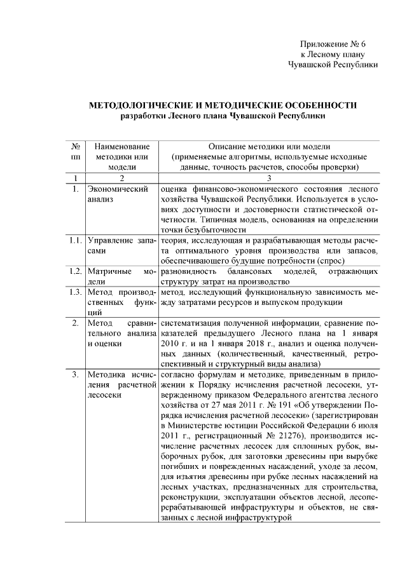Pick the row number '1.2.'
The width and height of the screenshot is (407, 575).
tap(75, 271)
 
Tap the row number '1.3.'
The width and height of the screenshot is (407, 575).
tap(75, 292)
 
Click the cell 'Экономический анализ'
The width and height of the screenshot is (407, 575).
tap(118, 194)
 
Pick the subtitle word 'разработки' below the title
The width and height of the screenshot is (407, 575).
tap(144, 116)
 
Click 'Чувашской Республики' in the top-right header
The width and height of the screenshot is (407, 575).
tap(333, 64)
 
